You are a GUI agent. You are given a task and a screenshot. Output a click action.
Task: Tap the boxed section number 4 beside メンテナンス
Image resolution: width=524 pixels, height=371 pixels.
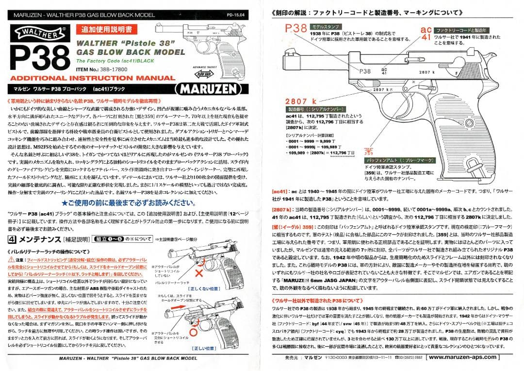(x=13, y=239)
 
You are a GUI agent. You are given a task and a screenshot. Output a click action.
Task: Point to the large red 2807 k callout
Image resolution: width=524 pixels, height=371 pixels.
(x=300, y=101)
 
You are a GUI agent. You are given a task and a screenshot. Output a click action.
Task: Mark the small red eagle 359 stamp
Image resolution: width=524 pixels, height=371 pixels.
(x=369, y=151)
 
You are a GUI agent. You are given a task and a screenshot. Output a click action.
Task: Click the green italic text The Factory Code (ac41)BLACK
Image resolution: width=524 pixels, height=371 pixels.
(x=111, y=61)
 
